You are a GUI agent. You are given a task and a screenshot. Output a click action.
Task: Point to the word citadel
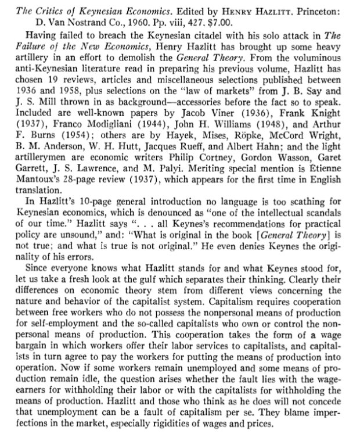[x=203, y=33]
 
